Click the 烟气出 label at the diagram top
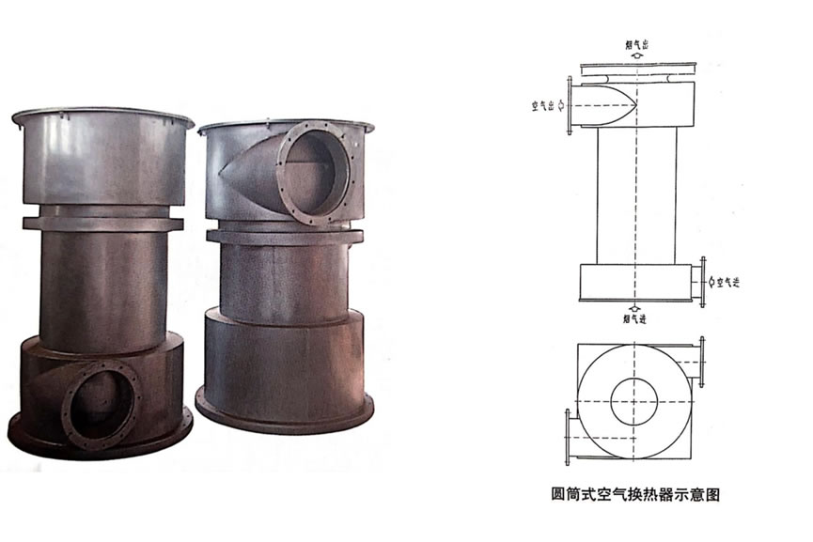(635, 43)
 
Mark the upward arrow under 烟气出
(636, 56)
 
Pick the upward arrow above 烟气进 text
(636, 307)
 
